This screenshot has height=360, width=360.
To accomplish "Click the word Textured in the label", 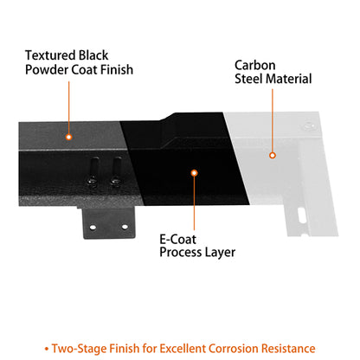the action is [50, 55].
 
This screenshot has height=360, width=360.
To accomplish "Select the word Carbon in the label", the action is [255, 65].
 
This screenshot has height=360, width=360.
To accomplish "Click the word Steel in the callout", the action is [247, 79].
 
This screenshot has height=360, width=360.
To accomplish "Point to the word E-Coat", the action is [177, 239].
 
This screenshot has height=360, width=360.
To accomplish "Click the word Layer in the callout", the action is [221, 253].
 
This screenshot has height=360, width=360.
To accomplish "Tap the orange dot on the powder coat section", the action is [68, 137].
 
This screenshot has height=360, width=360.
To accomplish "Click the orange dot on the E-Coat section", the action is [195, 173].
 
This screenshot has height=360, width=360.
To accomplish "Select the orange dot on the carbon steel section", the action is [273, 156].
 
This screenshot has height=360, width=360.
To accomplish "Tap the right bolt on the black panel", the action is [116, 171].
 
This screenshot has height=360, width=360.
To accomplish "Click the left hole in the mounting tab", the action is [93, 228].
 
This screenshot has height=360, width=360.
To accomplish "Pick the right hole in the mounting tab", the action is [125, 227].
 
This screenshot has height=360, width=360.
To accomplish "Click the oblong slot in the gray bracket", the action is [301, 215].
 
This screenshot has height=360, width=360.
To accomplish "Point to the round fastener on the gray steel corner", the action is [309, 126].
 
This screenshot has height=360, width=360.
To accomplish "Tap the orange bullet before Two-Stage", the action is [47, 350].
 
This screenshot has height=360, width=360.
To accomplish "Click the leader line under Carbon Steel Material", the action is [273, 120].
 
